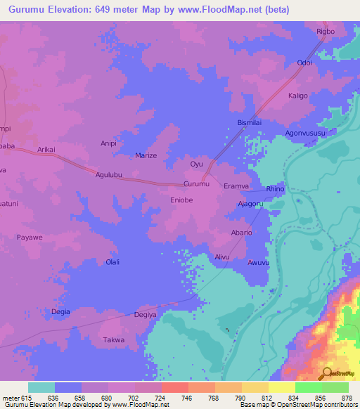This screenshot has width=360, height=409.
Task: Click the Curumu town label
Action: tap(196, 184)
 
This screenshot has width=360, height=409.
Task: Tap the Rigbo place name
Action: tap(326, 32)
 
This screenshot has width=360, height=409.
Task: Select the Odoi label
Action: tap(304, 63)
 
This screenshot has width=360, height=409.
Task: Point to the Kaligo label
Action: tap(298, 96)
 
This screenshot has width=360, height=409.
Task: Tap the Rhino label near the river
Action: tap(274, 189)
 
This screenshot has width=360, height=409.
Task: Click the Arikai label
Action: tap(46, 150)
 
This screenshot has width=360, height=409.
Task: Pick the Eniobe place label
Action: tap(180, 200)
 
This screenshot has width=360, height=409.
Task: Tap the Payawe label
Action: tap(30, 238)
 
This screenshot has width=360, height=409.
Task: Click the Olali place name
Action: tap(112, 262)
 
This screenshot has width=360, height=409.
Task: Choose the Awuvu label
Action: tap(258, 263)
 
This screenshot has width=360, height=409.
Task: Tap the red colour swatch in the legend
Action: tap(175, 387)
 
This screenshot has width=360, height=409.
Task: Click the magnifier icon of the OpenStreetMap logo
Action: tap(326, 372)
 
